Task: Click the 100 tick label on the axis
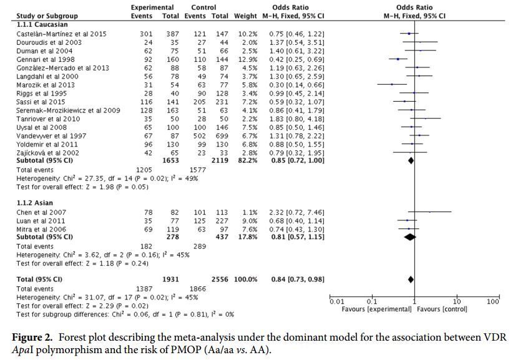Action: click(493, 302)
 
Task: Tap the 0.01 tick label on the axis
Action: click(338, 302)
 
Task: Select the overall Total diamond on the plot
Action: click(410, 279)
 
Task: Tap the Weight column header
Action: click(245, 15)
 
